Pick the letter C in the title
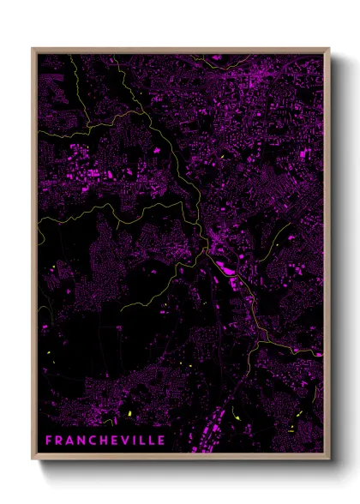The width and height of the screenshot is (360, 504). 88,440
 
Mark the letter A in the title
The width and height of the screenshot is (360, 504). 69,440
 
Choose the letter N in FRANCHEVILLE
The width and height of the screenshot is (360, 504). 78,440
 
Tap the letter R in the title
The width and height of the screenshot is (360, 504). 59,440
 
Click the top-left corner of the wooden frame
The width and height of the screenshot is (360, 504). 33,49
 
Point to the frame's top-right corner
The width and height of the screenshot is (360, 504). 328,49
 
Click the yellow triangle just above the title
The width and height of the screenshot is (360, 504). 129,414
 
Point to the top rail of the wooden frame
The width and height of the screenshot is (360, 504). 180,50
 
